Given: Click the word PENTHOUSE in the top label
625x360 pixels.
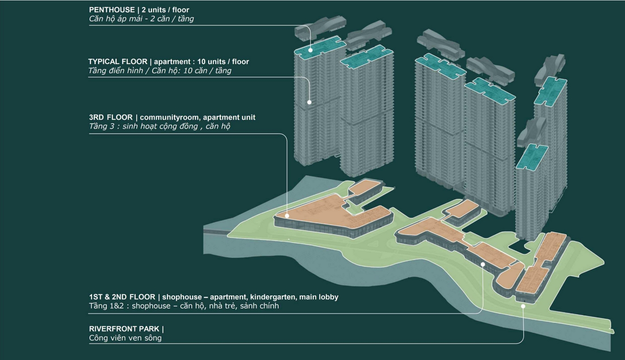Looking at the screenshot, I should [112, 9].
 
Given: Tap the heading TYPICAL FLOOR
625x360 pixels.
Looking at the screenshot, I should [117, 61].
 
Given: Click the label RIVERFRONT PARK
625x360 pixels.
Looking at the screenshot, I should [124, 329].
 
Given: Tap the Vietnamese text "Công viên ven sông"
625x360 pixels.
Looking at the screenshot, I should [125, 338].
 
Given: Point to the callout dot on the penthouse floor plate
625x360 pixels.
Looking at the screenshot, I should [310, 50].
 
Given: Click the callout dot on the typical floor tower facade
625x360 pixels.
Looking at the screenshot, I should [309, 102].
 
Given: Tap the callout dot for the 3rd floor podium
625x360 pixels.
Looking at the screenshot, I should [286, 216].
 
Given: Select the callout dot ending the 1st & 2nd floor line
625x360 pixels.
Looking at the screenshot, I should [483, 264].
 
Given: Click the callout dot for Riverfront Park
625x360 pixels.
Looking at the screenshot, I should [523, 306].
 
